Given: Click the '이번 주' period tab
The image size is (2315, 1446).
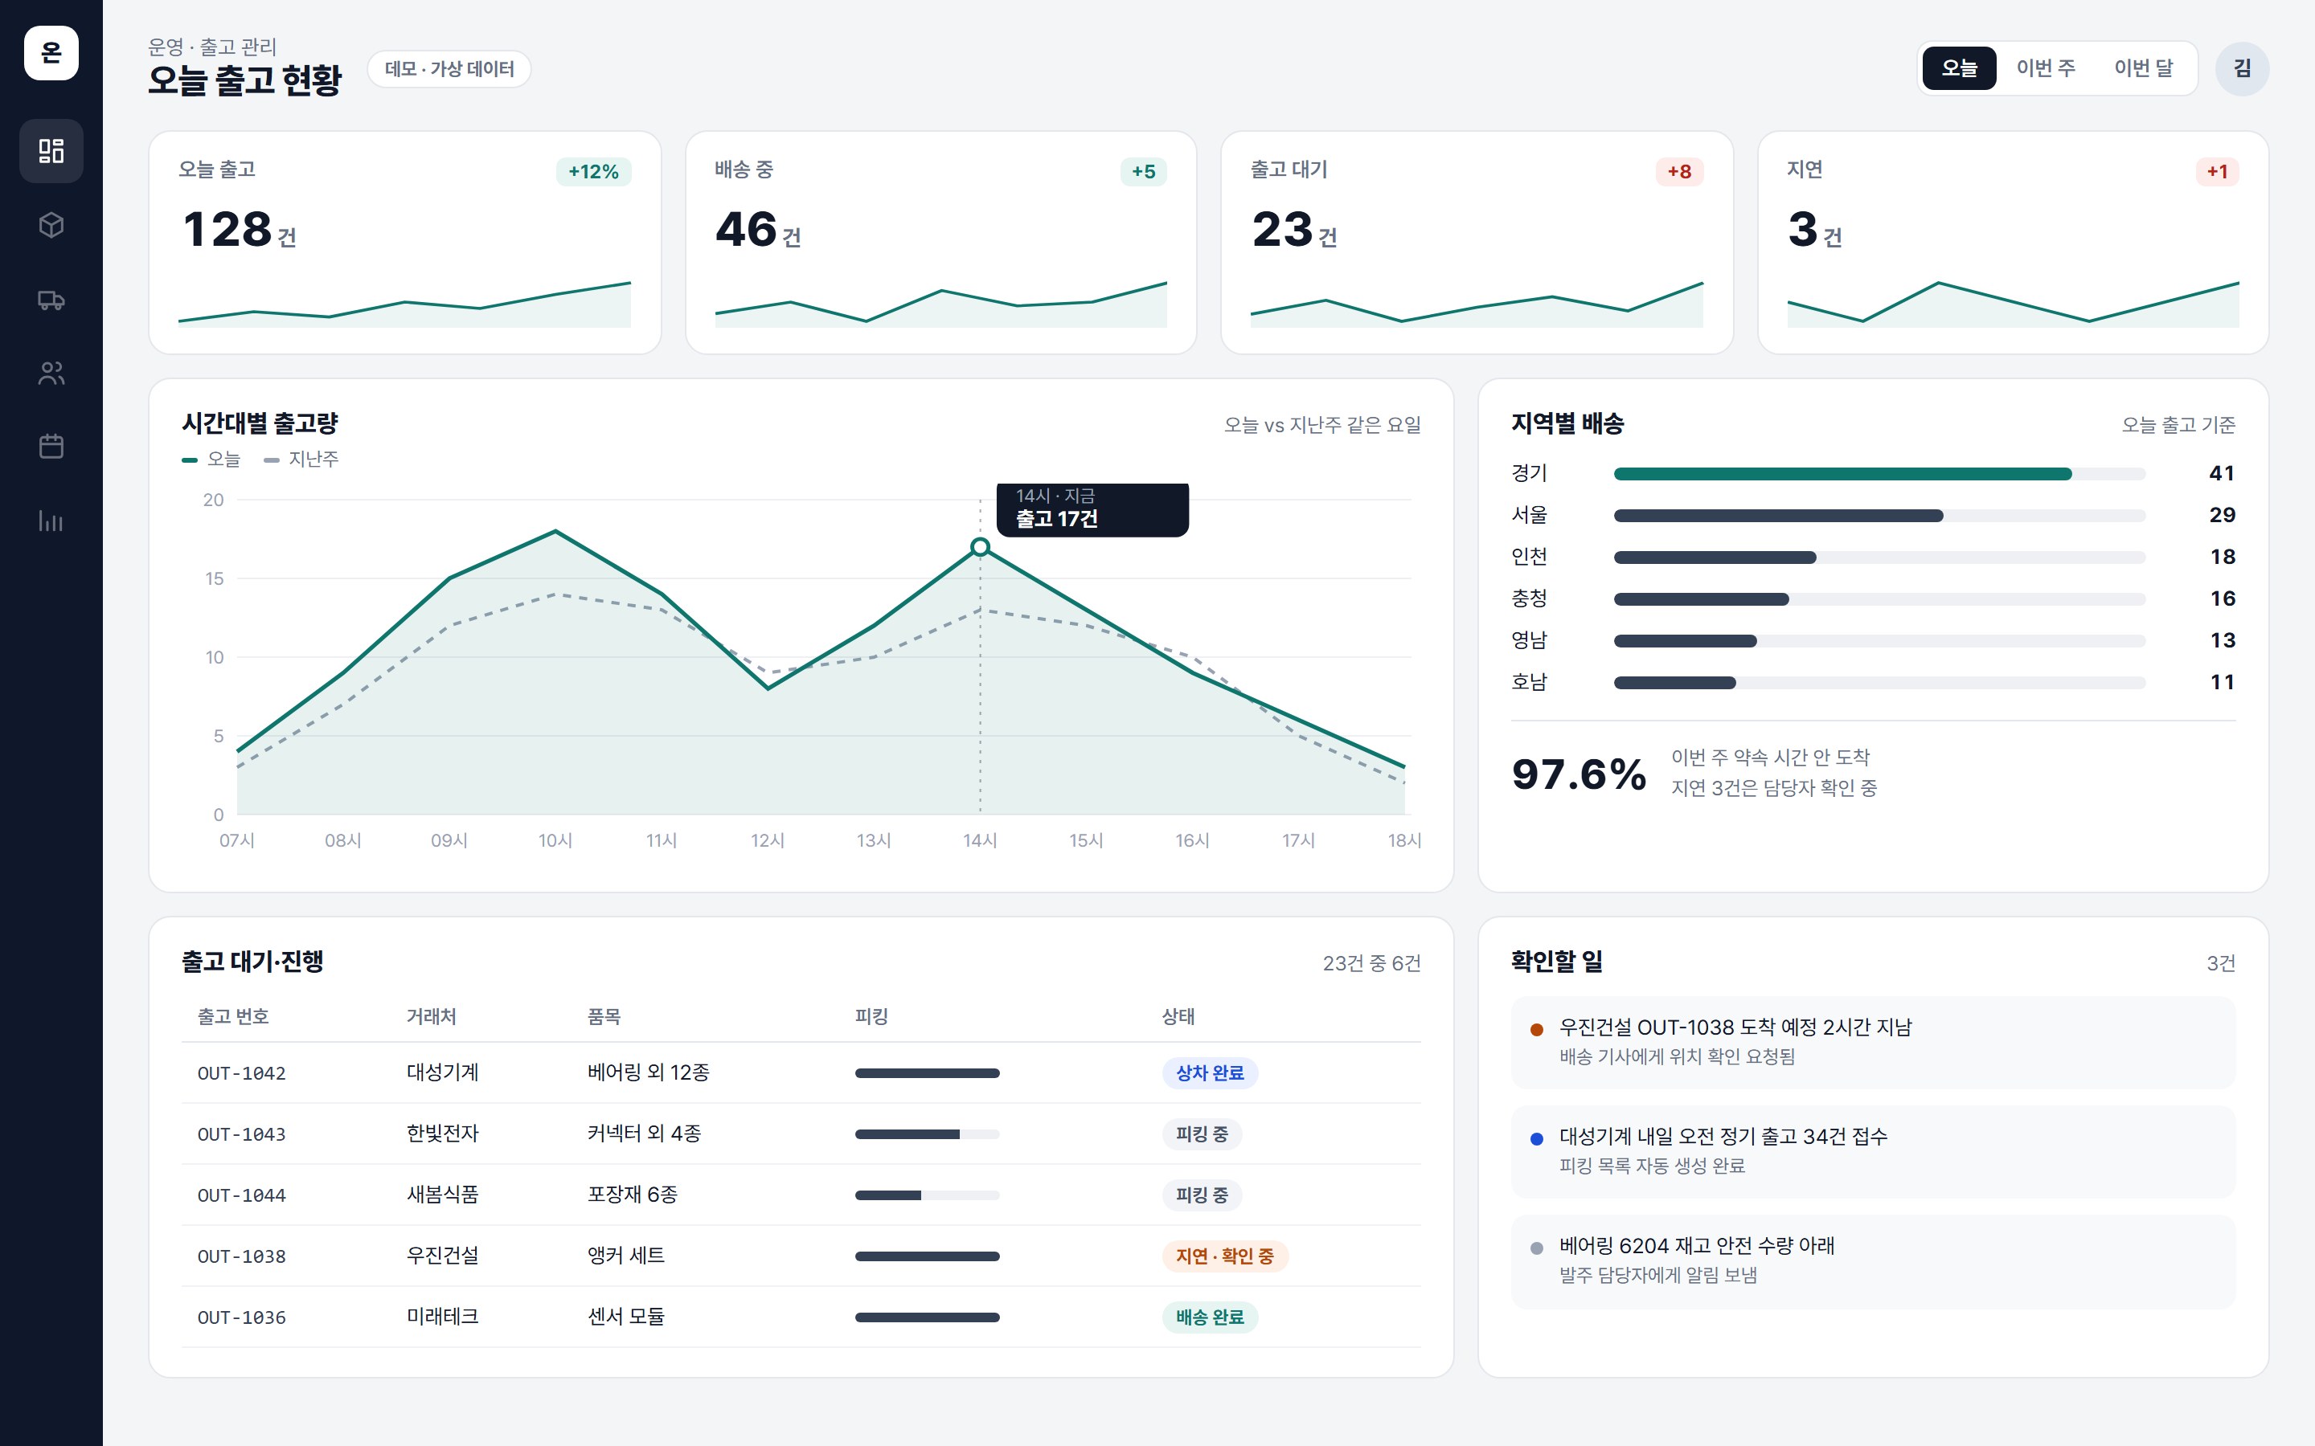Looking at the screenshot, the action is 2045,68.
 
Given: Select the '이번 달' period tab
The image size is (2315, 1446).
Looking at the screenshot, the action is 2143,68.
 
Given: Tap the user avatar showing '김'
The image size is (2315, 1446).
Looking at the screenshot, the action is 2241,68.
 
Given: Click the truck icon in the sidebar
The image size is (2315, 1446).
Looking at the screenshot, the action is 51,300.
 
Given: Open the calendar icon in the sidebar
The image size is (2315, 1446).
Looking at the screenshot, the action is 51,447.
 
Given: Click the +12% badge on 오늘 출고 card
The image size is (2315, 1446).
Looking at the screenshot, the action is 593,171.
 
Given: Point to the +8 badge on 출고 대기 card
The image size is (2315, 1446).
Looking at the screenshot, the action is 1679,171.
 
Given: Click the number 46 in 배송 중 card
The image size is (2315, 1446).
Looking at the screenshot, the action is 746,230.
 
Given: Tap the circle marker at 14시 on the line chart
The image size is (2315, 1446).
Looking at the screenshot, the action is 980,547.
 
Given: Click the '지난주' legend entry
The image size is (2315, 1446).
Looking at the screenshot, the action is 301,459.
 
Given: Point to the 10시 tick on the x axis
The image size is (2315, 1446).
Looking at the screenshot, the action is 555,840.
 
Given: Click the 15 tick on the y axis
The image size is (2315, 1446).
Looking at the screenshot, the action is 215,578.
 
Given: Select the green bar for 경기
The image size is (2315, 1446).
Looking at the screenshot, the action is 1842,473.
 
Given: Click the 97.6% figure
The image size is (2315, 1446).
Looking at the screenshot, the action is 1579,774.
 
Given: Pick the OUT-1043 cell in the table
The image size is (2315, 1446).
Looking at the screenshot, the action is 241,1134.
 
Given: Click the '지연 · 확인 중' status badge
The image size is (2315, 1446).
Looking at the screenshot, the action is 1224,1256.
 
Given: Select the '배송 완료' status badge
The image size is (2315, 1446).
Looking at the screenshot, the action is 1210,1317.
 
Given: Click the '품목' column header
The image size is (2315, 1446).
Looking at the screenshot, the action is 604,1016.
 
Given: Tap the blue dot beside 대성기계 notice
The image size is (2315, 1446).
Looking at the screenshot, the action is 1536,1138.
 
